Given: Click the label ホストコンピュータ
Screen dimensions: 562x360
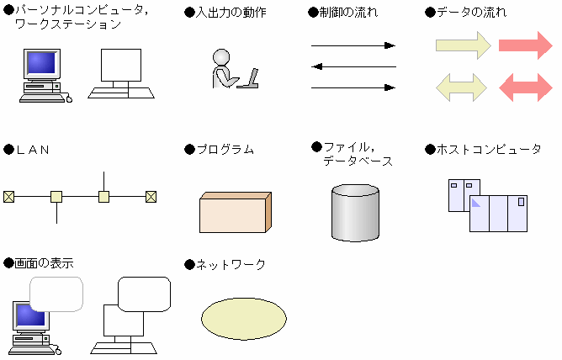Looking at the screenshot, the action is (x=489, y=149).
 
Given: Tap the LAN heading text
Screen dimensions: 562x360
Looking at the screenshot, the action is (x=33, y=150).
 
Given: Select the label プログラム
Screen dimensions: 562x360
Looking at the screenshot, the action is (x=225, y=149).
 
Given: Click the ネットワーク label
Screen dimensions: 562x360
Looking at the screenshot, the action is (x=231, y=265).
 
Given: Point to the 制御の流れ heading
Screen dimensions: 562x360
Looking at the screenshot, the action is (x=348, y=13).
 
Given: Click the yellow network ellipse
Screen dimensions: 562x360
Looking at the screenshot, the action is (x=244, y=319).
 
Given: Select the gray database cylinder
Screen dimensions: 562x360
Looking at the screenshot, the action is (x=355, y=213).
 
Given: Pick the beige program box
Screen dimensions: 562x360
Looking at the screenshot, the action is (x=235, y=213).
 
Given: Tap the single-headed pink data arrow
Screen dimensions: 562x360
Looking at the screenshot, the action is (x=526, y=45).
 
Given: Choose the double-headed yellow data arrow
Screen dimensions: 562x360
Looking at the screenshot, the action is (x=461, y=87).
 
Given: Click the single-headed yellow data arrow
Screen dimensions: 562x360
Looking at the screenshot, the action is (x=463, y=45).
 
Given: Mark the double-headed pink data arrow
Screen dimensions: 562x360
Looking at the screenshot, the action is (x=526, y=87).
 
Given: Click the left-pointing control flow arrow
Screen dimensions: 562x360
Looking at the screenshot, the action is (x=353, y=66).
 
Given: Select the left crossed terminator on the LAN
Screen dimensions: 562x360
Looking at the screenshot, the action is (x=9, y=197).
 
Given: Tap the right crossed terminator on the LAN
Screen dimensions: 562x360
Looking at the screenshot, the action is (x=151, y=197).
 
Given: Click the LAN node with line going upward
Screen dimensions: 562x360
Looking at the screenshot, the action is (x=104, y=197).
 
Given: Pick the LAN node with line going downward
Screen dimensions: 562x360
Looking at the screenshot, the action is (x=56, y=197).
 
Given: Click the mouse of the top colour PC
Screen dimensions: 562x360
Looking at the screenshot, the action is (x=69, y=98).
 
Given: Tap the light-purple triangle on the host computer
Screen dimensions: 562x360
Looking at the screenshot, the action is (x=475, y=203).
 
